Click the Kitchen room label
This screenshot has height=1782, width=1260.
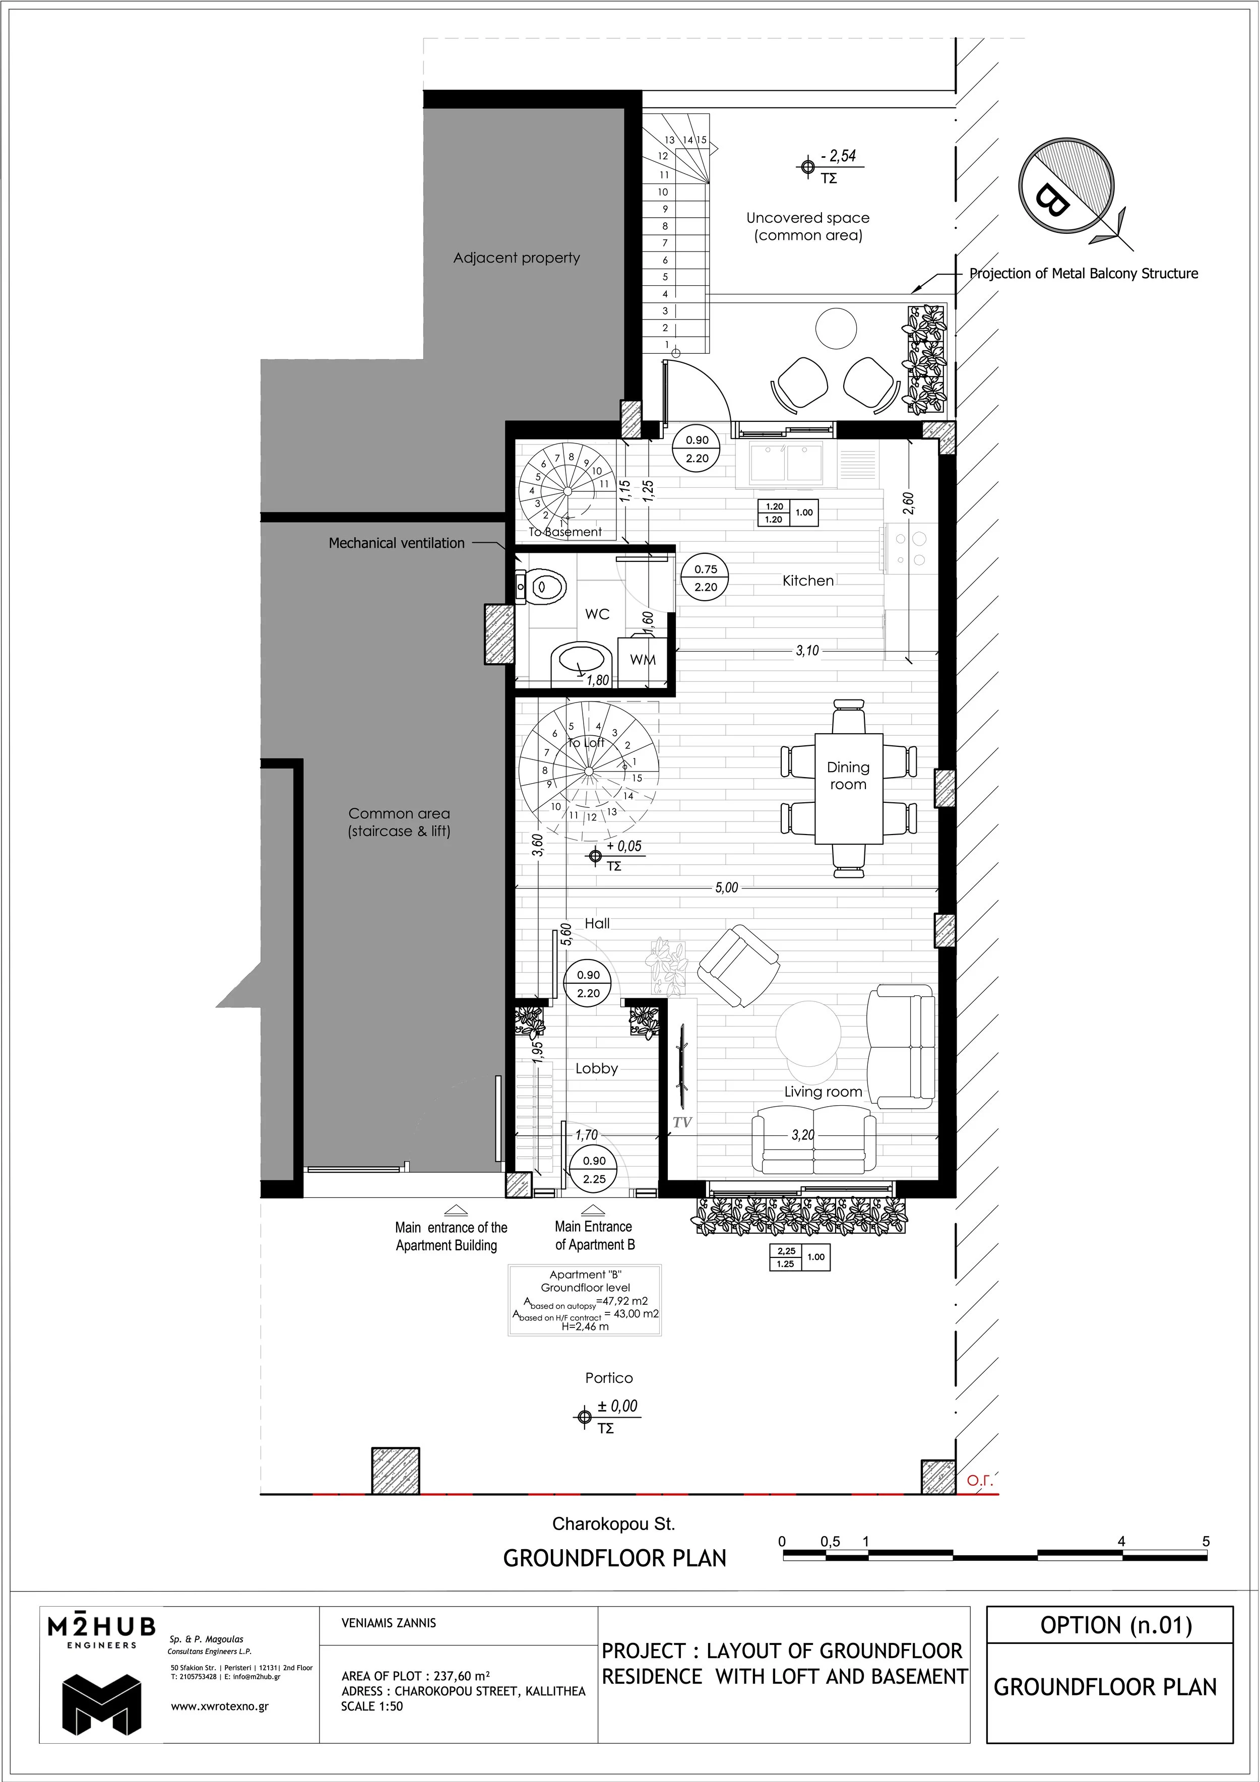pyautogui.click(x=807, y=581)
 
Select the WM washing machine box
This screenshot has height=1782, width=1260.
pyautogui.click(x=643, y=660)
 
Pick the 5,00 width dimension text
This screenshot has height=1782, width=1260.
pyautogui.click(x=727, y=888)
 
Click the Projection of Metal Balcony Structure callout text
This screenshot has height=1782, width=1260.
pyautogui.click(x=1083, y=273)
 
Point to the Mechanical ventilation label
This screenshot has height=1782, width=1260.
pyautogui.click(x=396, y=543)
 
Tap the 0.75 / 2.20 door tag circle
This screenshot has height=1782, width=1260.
pyautogui.click(x=706, y=578)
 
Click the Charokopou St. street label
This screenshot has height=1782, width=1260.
pyautogui.click(x=613, y=1523)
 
